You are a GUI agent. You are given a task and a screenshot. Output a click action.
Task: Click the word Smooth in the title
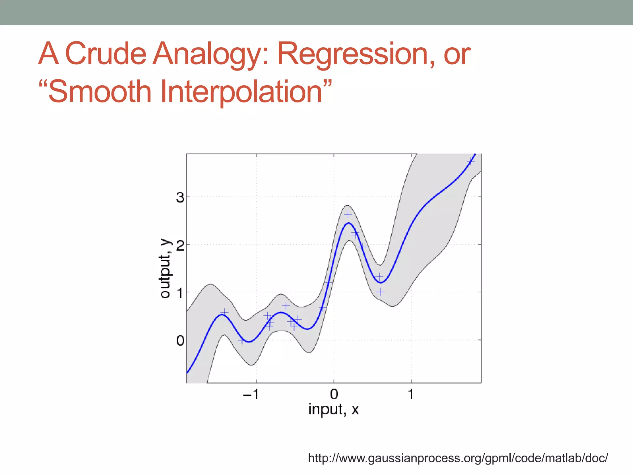[x=100, y=92]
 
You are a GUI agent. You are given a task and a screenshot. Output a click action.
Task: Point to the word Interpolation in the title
[x=241, y=92]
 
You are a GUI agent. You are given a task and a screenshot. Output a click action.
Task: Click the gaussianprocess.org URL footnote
[x=458, y=458]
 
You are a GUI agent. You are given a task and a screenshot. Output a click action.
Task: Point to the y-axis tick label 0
[x=180, y=341]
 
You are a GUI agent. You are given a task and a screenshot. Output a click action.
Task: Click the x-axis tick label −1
[x=251, y=394]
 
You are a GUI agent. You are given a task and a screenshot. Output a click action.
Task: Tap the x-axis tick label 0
[x=334, y=394]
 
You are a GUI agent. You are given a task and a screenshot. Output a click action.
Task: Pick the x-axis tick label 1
[x=411, y=394]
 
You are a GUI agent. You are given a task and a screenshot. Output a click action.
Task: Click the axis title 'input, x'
[x=333, y=409]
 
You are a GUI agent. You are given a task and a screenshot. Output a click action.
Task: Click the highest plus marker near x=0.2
[x=348, y=214]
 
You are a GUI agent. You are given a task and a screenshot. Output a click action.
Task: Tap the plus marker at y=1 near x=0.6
[x=380, y=292]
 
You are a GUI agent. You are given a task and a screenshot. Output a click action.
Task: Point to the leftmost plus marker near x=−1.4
[x=225, y=312]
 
